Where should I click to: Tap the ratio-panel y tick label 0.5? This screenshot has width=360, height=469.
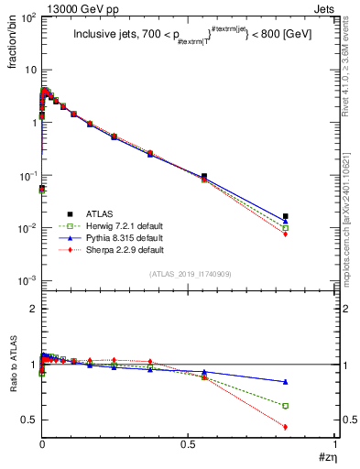click(27, 420)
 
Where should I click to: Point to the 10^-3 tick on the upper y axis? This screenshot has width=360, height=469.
click(26, 279)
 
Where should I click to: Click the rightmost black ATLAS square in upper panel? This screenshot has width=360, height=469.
click(286, 216)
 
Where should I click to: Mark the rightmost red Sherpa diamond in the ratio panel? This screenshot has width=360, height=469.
click(286, 427)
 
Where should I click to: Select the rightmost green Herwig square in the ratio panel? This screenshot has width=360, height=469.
click(286, 406)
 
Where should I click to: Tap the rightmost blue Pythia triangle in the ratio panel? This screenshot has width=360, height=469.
click(286, 381)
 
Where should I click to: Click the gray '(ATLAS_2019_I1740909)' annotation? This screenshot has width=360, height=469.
click(189, 274)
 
